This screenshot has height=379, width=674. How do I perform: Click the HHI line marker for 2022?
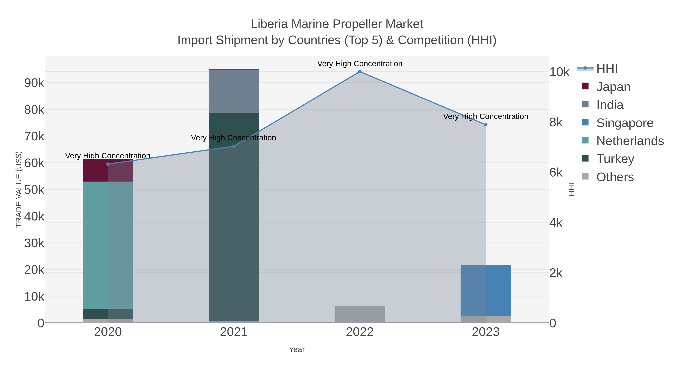[x=360, y=72]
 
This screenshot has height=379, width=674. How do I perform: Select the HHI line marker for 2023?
[x=486, y=125]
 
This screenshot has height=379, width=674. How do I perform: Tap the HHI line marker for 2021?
[x=234, y=146]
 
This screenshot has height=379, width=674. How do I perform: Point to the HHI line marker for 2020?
[x=108, y=164]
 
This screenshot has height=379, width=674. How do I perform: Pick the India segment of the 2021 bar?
[x=234, y=91]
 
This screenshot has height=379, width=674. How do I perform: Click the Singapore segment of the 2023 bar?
[x=486, y=291]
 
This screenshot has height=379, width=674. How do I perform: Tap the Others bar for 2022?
[x=360, y=314]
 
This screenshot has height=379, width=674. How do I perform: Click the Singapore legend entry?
[x=625, y=123]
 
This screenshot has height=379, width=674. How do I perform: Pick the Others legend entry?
[x=615, y=177]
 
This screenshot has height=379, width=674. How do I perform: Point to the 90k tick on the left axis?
[x=34, y=83]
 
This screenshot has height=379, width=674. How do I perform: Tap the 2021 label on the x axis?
[x=234, y=332]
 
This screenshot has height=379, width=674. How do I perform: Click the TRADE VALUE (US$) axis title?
[x=19, y=189]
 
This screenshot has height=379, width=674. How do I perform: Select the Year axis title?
[x=297, y=349]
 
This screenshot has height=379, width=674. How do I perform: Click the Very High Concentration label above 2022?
[x=360, y=64]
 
